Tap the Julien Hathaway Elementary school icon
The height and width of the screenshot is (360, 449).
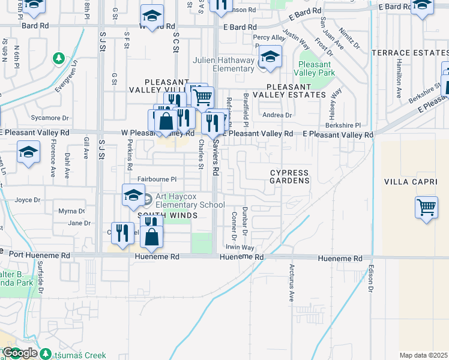pyautogui.click(x=270, y=58)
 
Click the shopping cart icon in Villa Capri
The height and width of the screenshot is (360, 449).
pyautogui.click(x=426, y=208)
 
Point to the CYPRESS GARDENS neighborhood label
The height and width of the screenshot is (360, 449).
pyautogui.click(x=289, y=176)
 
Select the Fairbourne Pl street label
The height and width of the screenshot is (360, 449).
pyautogui.click(x=157, y=179)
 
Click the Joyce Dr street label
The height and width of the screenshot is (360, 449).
pyautogui.click(x=28, y=200)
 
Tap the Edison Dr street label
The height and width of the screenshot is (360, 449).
pyautogui.click(x=372, y=279)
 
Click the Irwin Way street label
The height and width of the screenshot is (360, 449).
pyautogui.click(x=240, y=247)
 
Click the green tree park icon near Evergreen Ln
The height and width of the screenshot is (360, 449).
pyautogui.click(x=59, y=59)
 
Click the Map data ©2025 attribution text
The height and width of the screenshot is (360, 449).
pyautogui.click(x=423, y=355)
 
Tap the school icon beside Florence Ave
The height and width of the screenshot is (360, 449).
pyautogui.click(x=28, y=153)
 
